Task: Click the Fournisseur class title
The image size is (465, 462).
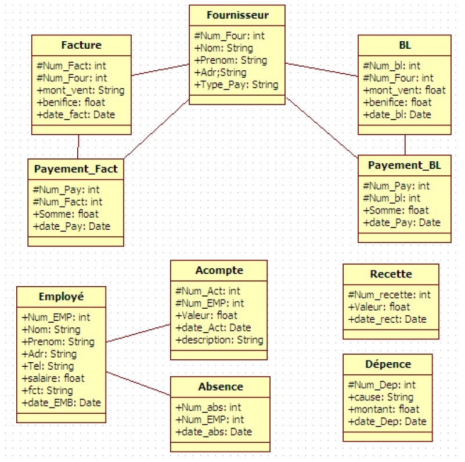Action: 237,14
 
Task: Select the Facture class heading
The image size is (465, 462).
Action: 81,45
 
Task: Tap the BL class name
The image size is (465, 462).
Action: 405,45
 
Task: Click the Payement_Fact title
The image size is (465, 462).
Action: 76,169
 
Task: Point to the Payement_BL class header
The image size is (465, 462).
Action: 404,165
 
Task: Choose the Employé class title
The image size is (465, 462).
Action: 61,296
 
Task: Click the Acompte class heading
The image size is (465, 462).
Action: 219,270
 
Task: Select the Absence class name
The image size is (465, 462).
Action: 220,387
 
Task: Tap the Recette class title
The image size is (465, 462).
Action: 391,274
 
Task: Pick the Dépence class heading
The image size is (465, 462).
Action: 388,364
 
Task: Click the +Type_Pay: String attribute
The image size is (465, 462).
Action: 236,85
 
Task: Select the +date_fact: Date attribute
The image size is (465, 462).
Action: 75,114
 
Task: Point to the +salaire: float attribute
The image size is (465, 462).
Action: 53,378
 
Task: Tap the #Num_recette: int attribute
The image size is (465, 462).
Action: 389,295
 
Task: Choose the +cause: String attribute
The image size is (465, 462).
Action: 380,397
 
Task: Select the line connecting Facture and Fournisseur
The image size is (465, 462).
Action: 161,70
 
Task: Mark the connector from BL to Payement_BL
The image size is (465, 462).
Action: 405,145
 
